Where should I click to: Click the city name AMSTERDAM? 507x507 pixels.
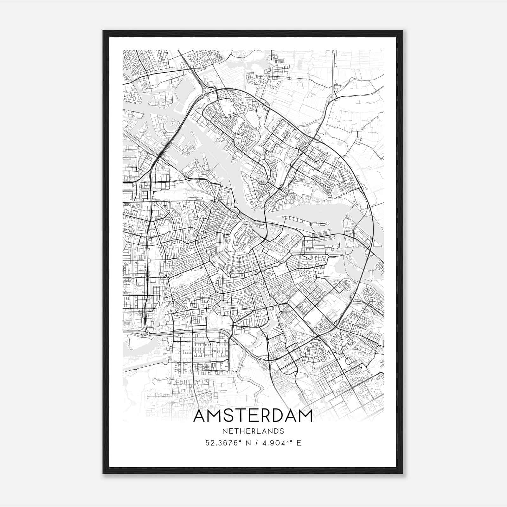point(253,416)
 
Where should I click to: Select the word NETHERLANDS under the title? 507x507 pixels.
point(253,431)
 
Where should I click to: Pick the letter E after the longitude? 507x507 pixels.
point(299,443)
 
